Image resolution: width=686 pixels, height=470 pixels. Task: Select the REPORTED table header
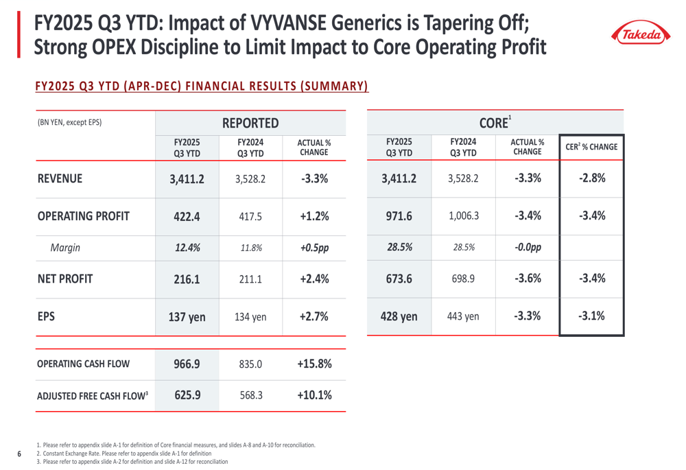[x=250, y=123]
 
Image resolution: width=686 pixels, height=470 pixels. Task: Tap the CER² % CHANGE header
[x=591, y=147]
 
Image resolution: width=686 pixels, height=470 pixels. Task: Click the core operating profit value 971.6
[x=399, y=215]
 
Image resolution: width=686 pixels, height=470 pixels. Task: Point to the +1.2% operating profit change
[x=314, y=215]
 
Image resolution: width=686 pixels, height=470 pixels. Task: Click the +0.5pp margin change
[x=314, y=248]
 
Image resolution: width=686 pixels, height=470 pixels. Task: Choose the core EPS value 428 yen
[x=399, y=316]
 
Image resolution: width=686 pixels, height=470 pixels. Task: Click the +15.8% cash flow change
[x=314, y=364]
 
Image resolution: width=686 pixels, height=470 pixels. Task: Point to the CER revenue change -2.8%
[x=591, y=178]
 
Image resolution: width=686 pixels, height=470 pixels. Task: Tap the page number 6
[x=19, y=454]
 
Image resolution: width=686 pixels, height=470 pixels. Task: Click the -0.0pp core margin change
[x=528, y=248]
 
